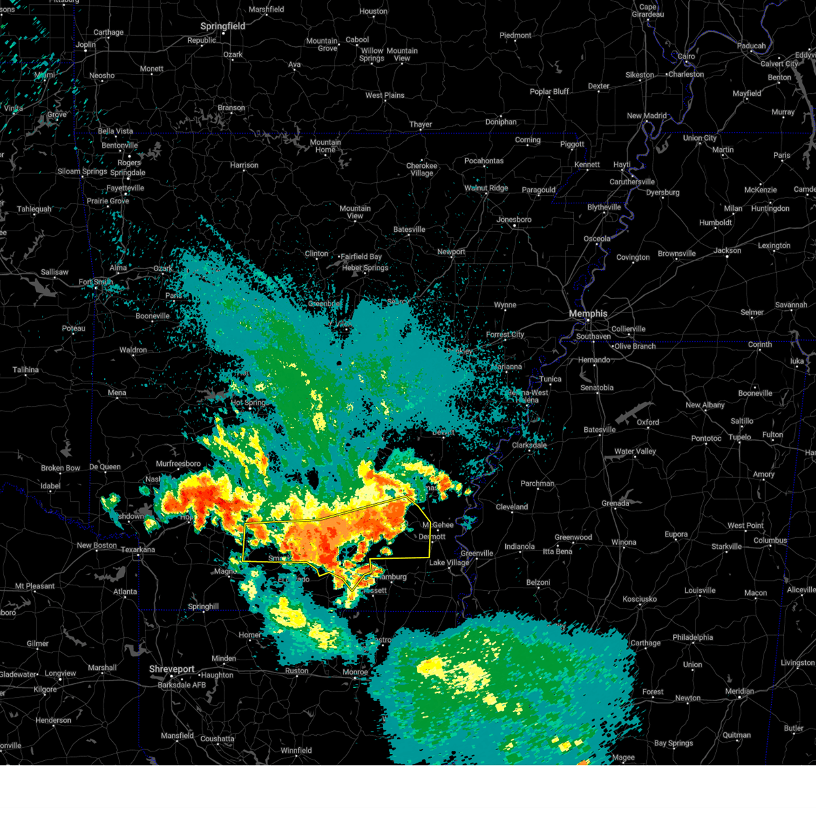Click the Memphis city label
[x=588, y=313]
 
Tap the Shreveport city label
[x=172, y=669]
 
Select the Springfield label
[x=222, y=26]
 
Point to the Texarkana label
[x=138, y=549]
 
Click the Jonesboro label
[x=514, y=220]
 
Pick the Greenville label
[x=477, y=553]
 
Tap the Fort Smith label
[x=95, y=282]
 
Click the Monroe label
[x=355, y=672]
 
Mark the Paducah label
[x=751, y=46]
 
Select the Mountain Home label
[x=325, y=146]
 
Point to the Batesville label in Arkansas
[x=409, y=229]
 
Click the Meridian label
[x=739, y=692]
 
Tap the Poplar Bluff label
[x=549, y=92]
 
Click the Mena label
[x=117, y=392]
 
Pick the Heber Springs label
[x=365, y=268]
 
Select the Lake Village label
[x=449, y=562]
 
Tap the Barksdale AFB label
[x=182, y=685]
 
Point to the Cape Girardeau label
[x=648, y=11]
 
